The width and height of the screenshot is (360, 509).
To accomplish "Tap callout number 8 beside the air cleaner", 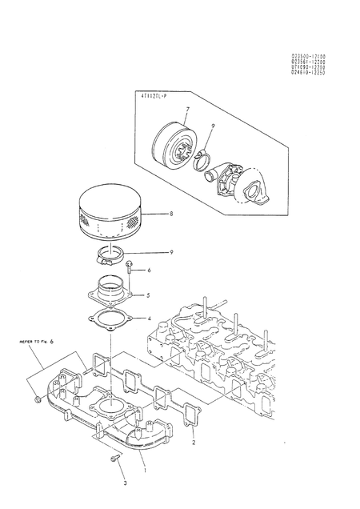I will tap(170, 214).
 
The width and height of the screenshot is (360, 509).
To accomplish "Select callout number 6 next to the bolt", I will tap(148, 271).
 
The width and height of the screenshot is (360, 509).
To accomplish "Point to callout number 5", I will tap(148, 294).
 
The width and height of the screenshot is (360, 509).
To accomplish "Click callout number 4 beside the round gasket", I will tap(148, 318).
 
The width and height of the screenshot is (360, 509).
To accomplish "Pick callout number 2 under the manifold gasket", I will tap(194, 442).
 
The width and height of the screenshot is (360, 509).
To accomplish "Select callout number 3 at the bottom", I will tap(124, 483).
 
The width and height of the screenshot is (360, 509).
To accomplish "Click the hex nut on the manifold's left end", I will tap(38, 399).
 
